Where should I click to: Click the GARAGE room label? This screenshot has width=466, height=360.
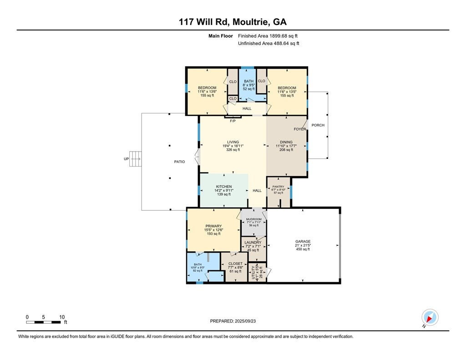[303, 242]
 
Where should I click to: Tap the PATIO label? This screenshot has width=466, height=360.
[179, 162]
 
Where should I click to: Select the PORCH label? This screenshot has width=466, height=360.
[318, 125]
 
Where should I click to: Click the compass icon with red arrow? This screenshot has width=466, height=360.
[430, 317]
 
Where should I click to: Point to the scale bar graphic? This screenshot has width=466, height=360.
[44, 322]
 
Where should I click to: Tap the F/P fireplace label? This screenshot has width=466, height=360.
[233, 121]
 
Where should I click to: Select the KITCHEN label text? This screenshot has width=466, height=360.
[224, 187]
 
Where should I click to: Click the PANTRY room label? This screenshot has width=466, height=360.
[278, 187]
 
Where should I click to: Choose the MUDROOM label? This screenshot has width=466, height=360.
[253, 219]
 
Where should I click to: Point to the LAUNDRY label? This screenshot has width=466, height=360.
[253, 243]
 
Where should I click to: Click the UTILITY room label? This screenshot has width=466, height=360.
[253, 272]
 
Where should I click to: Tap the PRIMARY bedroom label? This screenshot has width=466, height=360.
[213, 226]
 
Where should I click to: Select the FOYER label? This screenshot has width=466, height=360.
[299, 129]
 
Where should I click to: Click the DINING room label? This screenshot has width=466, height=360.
[286, 142]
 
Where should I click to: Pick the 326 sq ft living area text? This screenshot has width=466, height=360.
[233, 149]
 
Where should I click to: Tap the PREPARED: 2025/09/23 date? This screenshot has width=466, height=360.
[236, 321]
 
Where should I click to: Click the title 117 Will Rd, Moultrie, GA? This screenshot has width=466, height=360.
[233, 21]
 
